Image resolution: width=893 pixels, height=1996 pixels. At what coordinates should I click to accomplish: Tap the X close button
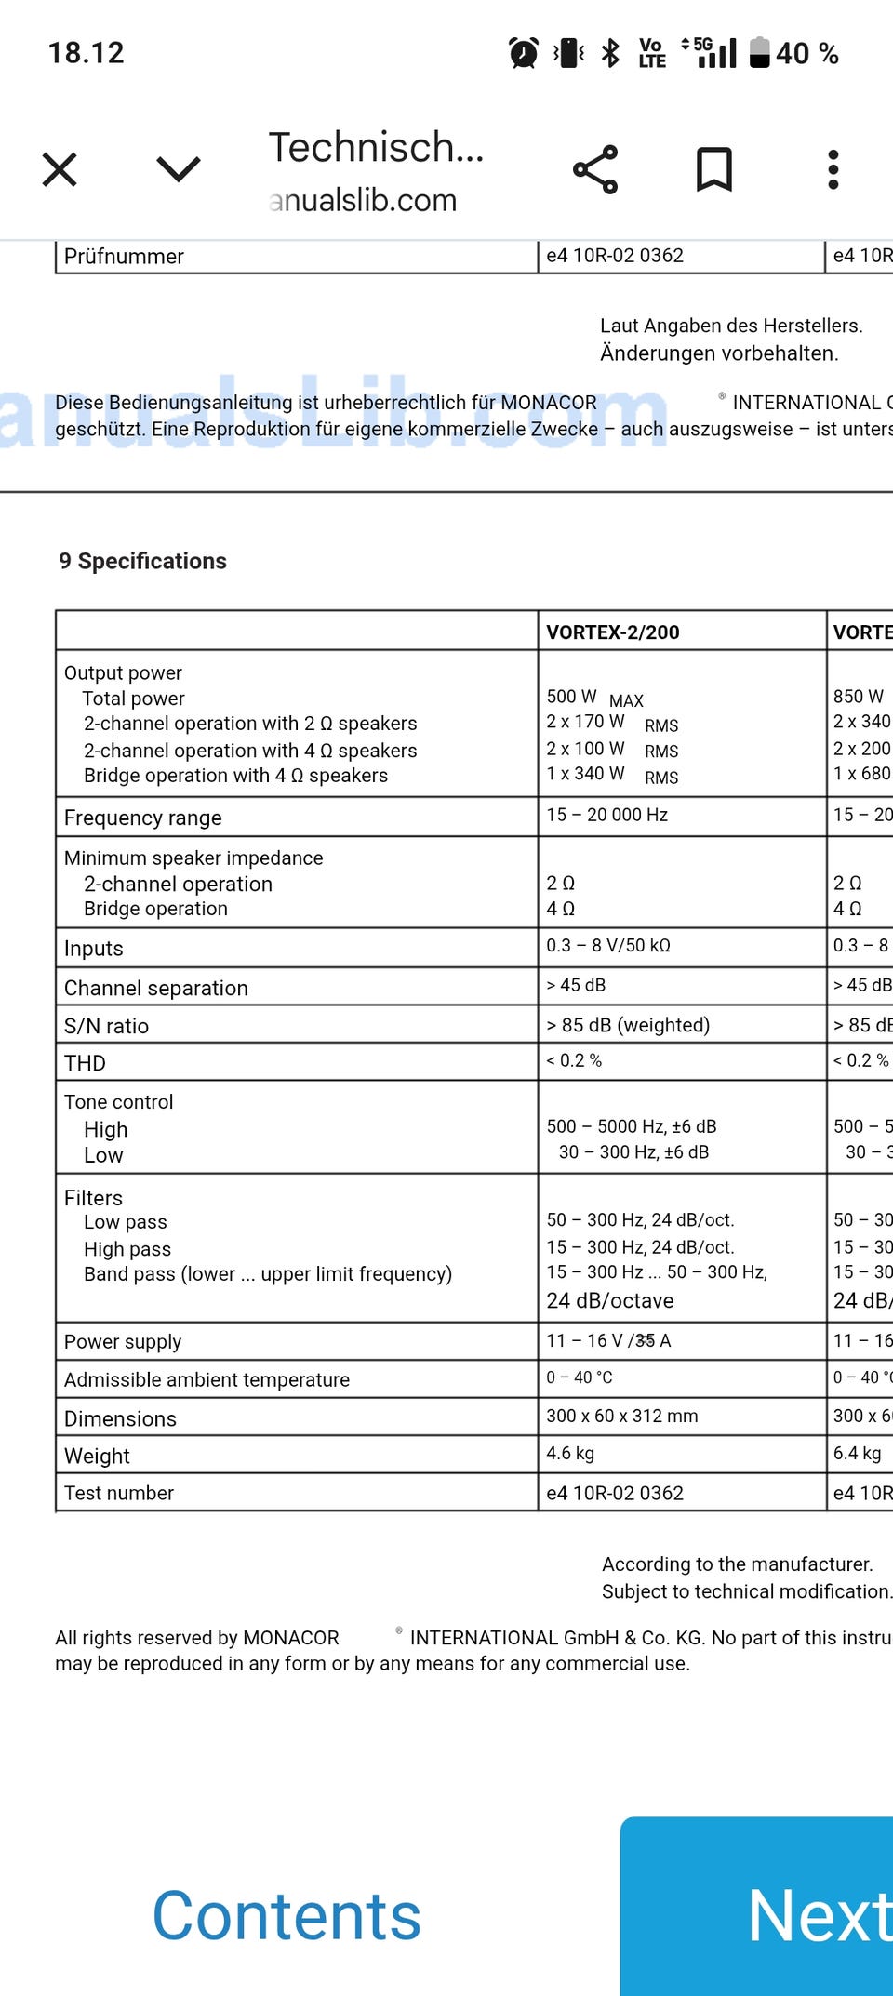(60, 169)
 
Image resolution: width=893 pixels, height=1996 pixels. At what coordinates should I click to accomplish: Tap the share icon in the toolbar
(595, 169)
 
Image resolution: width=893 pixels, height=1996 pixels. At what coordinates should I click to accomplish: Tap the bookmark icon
(714, 169)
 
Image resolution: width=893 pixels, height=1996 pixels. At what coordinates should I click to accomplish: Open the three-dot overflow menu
(833, 169)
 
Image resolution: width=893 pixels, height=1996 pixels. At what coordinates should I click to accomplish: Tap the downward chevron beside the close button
(178, 169)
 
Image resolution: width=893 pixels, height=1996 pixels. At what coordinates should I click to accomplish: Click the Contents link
(287, 1917)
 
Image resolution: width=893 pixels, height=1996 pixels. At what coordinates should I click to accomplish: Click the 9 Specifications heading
(142, 561)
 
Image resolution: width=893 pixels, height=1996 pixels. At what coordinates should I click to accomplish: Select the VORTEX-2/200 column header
(613, 632)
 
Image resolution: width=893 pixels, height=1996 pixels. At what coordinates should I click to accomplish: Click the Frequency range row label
(142, 818)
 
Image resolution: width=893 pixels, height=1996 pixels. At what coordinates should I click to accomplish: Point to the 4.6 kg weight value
(570, 1453)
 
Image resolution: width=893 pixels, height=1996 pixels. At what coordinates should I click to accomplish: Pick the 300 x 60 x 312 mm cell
(621, 1416)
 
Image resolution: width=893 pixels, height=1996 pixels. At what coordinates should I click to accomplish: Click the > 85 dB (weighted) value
(628, 1025)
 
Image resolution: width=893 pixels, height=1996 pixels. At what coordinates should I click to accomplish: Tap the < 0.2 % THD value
(574, 1060)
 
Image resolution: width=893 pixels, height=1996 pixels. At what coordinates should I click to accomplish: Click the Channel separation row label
(155, 988)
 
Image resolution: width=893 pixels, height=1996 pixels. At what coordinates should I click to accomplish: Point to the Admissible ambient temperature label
(207, 1379)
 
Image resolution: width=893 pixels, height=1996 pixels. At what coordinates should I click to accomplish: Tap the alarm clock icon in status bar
(524, 53)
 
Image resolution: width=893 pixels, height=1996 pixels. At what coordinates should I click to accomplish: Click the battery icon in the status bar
(760, 53)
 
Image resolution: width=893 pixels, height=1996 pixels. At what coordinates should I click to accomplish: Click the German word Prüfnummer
(124, 256)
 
